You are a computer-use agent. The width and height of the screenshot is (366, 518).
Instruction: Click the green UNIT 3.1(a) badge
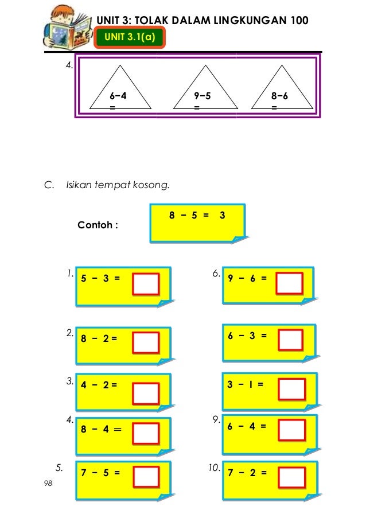click(131, 38)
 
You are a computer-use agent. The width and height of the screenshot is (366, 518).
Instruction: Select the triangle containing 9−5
click(205, 89)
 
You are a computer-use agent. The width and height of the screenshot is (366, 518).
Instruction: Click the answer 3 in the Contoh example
click(222, 215)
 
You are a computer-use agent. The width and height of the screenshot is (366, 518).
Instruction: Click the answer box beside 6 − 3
click(290, 340)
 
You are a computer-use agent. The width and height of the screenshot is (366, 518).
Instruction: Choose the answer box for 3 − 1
click(291, 390)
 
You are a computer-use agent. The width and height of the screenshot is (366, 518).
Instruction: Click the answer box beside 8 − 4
click(146, 434)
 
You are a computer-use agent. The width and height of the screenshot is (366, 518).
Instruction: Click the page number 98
click(48, 485)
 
